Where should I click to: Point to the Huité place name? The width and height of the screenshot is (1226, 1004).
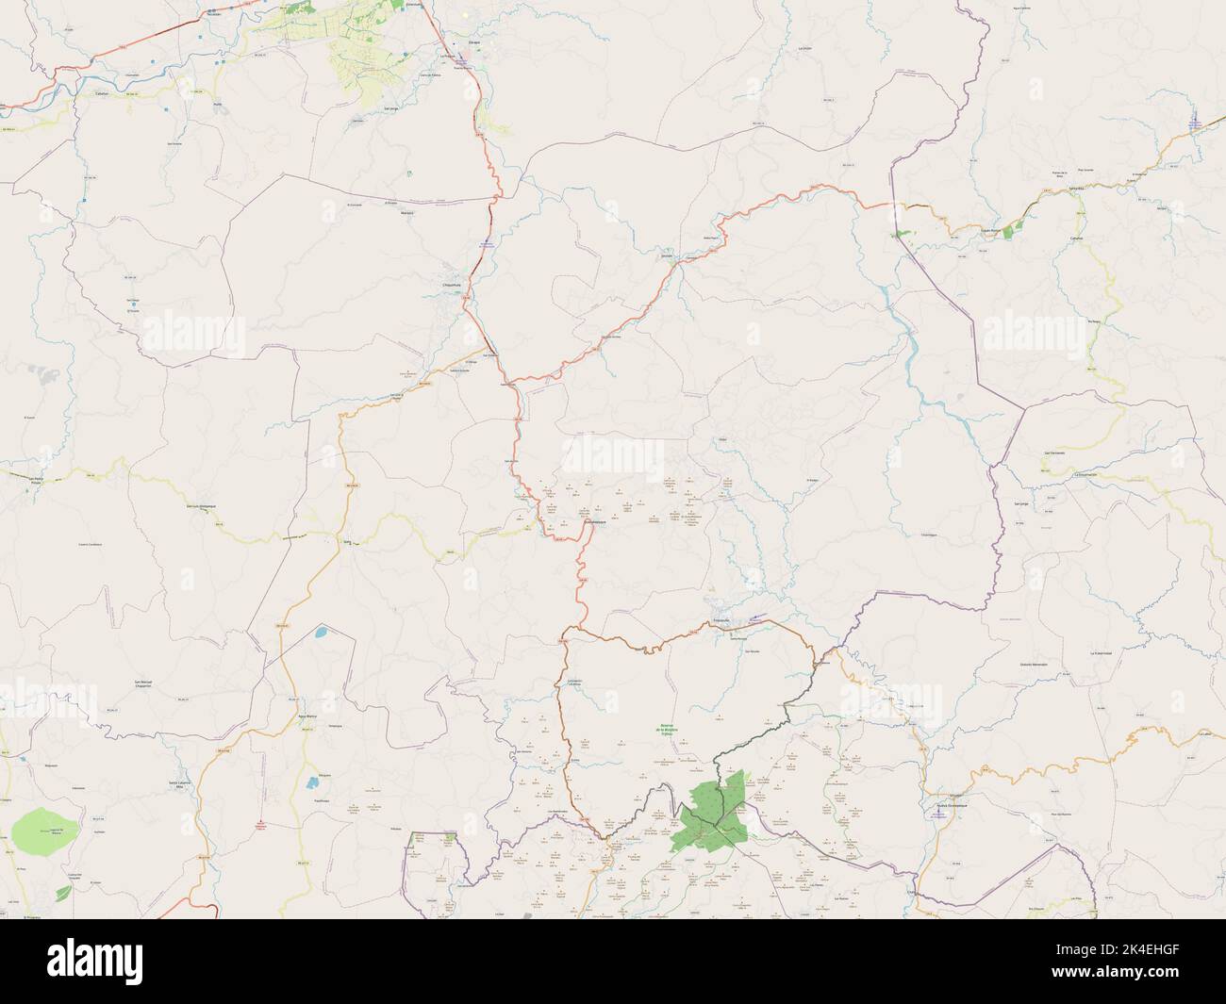coord(216,107)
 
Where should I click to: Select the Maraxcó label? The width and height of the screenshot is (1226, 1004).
coord(407,213)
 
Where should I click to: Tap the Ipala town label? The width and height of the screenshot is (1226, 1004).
coord(346,543)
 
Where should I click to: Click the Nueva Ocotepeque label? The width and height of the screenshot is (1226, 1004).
coord(954,804)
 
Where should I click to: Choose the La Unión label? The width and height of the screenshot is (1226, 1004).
coord(804,47)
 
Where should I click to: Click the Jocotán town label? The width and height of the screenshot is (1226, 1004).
coord(668,255)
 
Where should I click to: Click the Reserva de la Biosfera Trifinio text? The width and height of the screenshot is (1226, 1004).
coord(671,730)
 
